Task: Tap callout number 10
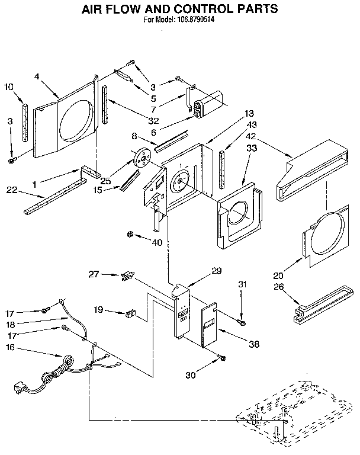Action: pos(8,87)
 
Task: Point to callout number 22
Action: pos(11,190)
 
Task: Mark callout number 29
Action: pos(217,271)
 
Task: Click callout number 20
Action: pos(278,275)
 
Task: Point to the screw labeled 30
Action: pos(221,357)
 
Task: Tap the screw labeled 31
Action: pos(240,321)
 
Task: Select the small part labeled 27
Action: pos(126,275)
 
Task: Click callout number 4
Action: pos(37,76)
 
